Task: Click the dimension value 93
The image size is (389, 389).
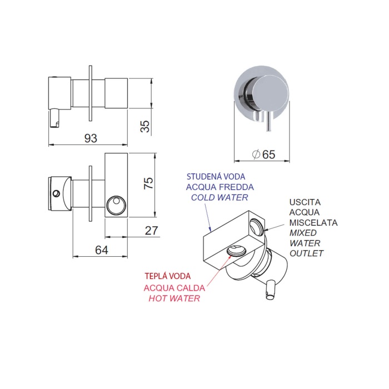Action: pos(91,138)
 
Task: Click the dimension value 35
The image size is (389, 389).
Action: pos(146,126)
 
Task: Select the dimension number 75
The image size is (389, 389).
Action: pos(148,183)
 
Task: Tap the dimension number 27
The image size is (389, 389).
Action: pos(151,231)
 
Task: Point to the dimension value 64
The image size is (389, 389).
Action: pos(102,250)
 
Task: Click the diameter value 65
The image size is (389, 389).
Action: pos(268,154)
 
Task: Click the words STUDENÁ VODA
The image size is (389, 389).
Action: pos(216,176)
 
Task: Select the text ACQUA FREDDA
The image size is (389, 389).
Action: pos(220,187)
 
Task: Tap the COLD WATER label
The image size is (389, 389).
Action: pos(220,197)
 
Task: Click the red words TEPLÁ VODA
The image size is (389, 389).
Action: pos(168,276)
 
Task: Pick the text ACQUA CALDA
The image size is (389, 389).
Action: pos(174,288)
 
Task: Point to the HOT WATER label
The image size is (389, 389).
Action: pos(174,298)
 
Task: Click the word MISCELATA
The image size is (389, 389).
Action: pos(313,222)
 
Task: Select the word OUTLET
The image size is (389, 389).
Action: pos(306,253)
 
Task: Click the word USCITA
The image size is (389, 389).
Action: pos(305,202)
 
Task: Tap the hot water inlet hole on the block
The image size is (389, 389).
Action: pos(236,250)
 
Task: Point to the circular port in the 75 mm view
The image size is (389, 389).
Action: pos(116,206)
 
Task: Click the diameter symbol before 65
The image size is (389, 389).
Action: pos(256,154)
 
